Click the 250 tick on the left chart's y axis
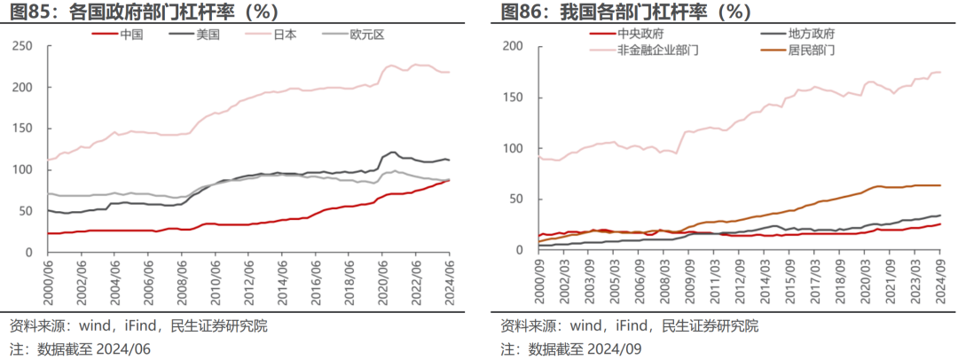point(27,46)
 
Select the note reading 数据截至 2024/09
point(585,348)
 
